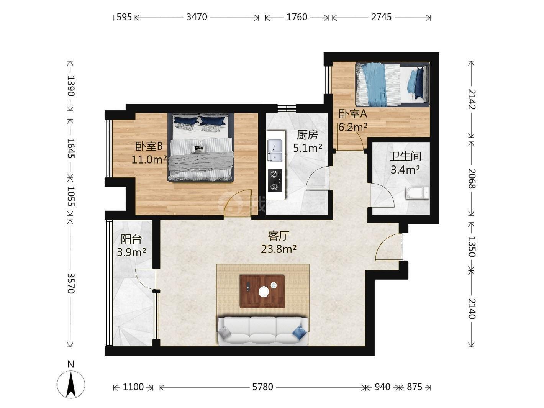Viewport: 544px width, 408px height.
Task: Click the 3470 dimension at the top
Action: pyautogui.click(x=197, y=17)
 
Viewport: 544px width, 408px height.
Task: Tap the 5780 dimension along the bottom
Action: pyautogui.click(x=263, y=387)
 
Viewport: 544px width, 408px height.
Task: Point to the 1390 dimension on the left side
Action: pyautogui.click(x=71, y=86)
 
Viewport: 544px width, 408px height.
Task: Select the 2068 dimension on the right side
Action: pyautogui.click(x=472, y=179)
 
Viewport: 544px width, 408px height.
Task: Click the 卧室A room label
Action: pyautogui.click(x=353, y=114)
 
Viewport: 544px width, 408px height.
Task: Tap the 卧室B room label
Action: pyautogui.click(x=149, y=146)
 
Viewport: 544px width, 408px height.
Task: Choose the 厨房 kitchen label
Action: pyautogui.click(x=307, y=135)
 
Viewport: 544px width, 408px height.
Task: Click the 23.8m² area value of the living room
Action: pyautogui.click(x=279, y=249)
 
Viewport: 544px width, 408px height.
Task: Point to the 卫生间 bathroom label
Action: pyautogui.click(x=405, y=157)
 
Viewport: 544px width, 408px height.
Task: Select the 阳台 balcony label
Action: pyautogui.click(x=131, y=239)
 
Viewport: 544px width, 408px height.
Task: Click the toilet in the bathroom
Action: pyautogui.click(x=418, y=193)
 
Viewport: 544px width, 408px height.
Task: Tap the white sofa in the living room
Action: pyautogui.click(x=263, y=331)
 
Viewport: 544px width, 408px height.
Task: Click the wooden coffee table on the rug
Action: pyautogui.click(x=262, y=291)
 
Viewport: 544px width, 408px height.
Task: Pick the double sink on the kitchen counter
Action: pyautogui.click(x=275, y=151)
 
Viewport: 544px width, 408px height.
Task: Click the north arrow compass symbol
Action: pyautogui.click(x=71, y=385)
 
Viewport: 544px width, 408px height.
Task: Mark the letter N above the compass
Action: pyautogui.click(x=71, y=364)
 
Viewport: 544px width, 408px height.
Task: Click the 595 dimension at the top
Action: pyautogui.click(x=124, y=17)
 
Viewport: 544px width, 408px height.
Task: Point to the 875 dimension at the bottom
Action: pyautogui.click(x=415, y=387)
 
